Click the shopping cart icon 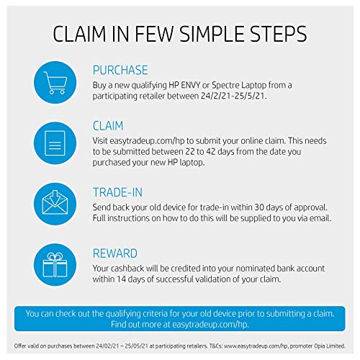(x=55, y=82)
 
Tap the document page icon (x=55, y=143)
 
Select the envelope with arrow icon (x=55, y=202)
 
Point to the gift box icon (x=55, y=264)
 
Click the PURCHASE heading (x=120, y=71)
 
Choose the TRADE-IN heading (x=117, y=192)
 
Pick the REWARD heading (x=115, y=253)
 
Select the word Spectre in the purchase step (x=225, y=86)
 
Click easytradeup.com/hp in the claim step (x=147, y=141)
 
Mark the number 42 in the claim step (x=210, y=152)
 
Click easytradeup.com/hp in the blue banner (x=210, y=325)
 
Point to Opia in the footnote (x=318, y=346)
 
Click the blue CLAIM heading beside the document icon (x=108, y=126)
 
